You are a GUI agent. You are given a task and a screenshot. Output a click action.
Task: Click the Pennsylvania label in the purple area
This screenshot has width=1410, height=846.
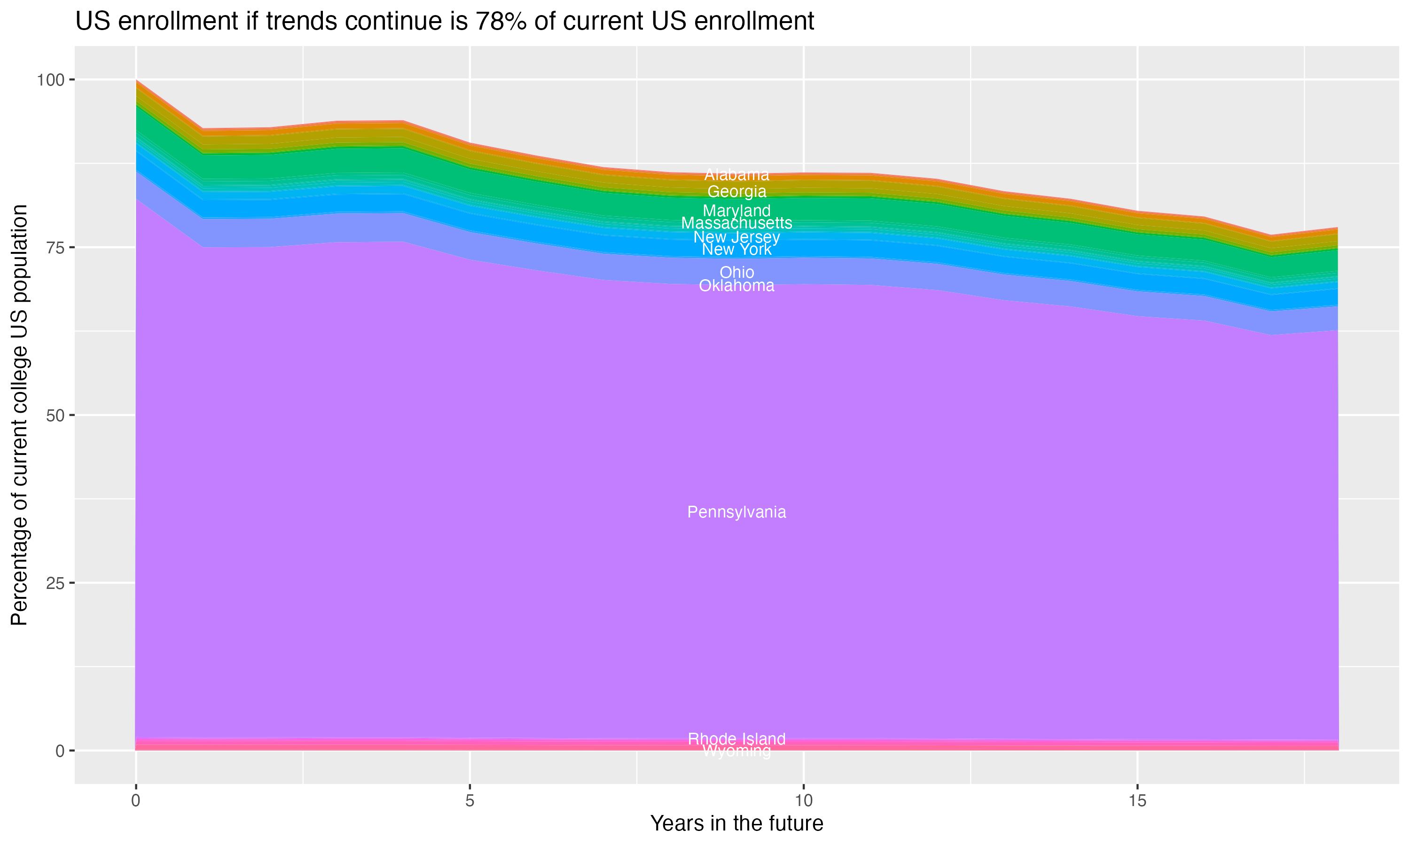pyautogui.click(x=736, y=512)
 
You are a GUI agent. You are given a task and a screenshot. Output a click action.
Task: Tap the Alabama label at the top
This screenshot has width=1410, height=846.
pyautogui.click(x=736, y=174)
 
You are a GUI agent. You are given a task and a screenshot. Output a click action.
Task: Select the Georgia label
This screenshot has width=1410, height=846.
pyautogui.click(x=736, y=192)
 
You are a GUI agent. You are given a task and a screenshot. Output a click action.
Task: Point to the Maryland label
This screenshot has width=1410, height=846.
pyautogui.click(x=736, y=211)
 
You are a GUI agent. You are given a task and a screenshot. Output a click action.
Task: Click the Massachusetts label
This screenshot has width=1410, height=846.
pyautogui.click(x=736, y=223)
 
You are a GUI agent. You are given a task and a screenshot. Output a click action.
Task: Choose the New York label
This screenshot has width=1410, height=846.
pyautogui.click(x=736, y=250)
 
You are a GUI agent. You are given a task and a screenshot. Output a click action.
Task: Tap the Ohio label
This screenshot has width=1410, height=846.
pyautogui.click(x=736, y=273)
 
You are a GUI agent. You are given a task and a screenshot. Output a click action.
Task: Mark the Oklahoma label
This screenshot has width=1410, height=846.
pyautogui.click(x=736, y=286)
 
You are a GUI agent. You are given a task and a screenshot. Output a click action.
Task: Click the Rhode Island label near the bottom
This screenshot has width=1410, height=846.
pyautogui.click(x=736, y=739)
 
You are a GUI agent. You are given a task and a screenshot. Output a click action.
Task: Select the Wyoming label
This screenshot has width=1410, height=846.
pyautogui.click(x=736, y=752)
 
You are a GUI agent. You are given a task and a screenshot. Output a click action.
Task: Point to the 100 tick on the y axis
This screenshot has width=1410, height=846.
pyautogui.click(x=50, y=80)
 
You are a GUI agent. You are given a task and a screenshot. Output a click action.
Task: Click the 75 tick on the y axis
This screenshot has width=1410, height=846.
pyautogui.click(x=54, y=247)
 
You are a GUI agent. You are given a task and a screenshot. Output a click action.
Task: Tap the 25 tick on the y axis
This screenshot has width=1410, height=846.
pyautogui.click(x=54, y=583)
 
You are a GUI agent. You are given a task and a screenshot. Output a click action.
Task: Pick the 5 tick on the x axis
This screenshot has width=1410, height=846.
pyautogui.click(x=470, y=801)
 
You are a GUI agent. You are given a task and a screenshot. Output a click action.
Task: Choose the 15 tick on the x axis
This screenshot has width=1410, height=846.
pyautogui.click(x=1137, y=801)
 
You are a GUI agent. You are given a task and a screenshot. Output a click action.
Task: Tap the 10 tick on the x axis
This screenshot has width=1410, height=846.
pyautogui.click(x=803, y=801)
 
